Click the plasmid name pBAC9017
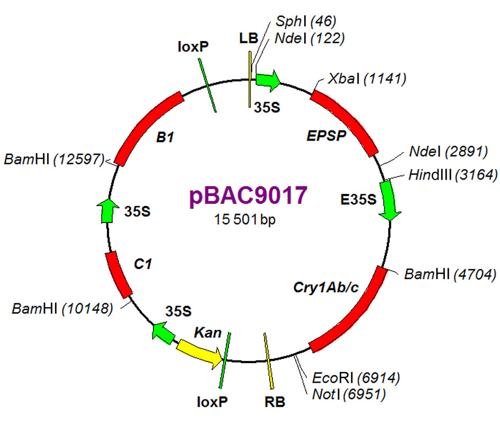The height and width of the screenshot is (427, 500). pos(248,195)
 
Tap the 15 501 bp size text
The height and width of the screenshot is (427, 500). pos(247,218)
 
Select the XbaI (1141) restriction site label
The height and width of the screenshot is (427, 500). pos(366,79)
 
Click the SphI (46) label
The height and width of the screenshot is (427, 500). pos(306,21)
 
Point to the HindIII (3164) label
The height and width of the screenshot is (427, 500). pos(452,175)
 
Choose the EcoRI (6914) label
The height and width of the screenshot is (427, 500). pos(356,377)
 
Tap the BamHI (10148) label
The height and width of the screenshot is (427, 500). pos(62,308)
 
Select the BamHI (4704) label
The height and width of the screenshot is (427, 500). pos(450,274)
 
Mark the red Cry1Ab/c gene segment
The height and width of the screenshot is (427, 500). pos(356,309)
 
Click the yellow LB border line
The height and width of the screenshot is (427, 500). pos(250,79)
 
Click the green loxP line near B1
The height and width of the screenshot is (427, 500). pos(207,85)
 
